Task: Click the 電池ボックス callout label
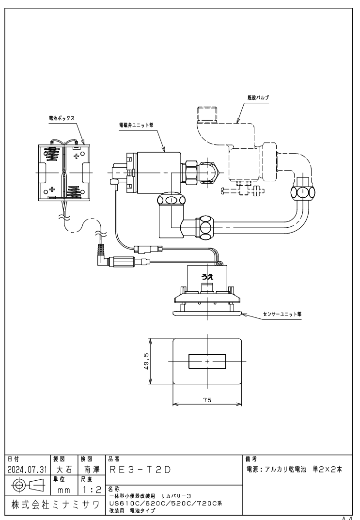pyautogui.click(x=62, y=118)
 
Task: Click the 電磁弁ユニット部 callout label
pyautogui.click(x=136, y=125)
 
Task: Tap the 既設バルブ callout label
pyautogui.click(x=258, y=98)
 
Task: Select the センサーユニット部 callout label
pyautogui.click(x=282, y=314)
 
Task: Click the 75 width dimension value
pyautogui.click(x=207, y=400)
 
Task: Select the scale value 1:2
pyautogui.click(x=91, y=490)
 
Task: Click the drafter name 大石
pyautogui.click(x=64, y=470)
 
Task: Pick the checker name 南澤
pyautogui.click(x=92, y=470)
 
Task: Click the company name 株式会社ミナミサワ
pyautogui.click(x=55, y=505)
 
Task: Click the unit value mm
pyautogui.click(x=64, y=490)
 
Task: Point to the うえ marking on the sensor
pyautogui.click(x=207, y=277)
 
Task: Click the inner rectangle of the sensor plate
pyautogui.click(x=207, y=361)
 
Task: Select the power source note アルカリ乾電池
pyautogui.click(x=285, y=469)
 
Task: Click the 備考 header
pyautogui.click(x=251, y=459)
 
